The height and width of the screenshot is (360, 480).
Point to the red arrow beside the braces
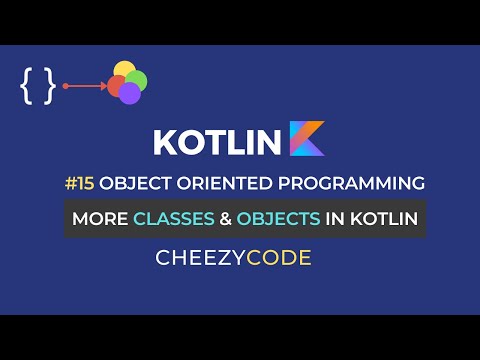tap(85, 87)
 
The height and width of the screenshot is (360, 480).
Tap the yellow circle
tap(123, 72)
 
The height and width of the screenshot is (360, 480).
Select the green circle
tap(137, 79)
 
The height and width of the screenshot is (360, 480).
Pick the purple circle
tap(129, 93)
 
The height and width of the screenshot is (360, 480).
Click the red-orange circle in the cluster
tap(116, 86)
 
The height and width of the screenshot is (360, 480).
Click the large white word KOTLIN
tap(216, 142)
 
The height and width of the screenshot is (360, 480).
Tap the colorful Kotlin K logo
tap(307, 139)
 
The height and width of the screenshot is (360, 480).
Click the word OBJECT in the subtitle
tap(148, 184)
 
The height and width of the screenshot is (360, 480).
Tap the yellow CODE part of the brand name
tap(279, 257)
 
